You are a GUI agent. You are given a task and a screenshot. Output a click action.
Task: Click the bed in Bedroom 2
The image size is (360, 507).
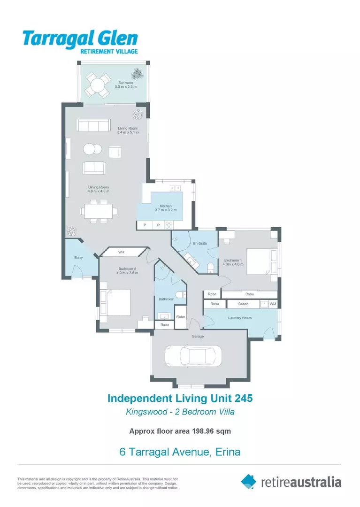click(115, 302)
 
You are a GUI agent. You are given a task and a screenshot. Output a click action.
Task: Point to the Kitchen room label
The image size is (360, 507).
click(165, 206)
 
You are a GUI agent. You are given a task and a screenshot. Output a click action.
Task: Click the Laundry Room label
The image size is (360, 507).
click(240, 318)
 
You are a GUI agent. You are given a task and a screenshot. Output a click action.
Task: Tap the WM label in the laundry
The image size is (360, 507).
click(273, 304)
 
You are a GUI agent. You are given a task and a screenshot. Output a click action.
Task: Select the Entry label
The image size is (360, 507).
click(78, 258)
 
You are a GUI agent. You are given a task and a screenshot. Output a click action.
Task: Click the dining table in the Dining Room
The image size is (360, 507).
click(99, 211)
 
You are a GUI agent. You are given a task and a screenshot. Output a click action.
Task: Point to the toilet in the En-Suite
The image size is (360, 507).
click(211, 268)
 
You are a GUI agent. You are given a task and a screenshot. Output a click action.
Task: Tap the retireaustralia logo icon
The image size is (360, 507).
click(249, 481)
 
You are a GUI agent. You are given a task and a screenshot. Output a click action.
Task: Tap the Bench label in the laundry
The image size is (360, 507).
click(243, 304)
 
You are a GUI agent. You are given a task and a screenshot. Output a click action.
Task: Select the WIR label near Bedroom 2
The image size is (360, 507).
click(121, 252)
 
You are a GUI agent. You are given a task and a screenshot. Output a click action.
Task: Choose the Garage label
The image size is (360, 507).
click(197, 336)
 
